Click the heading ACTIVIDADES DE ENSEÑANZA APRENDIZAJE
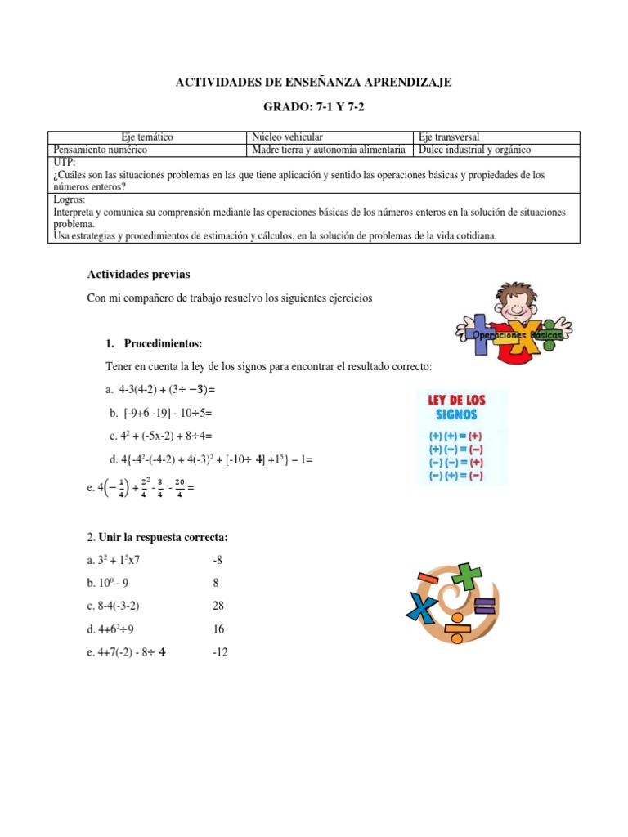click(x=314, y=82)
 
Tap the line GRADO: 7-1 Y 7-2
click(x=314, y=108)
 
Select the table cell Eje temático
click(x=147, y=137)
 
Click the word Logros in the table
click(x=68, y=199)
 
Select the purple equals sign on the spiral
click(x=483, y=606)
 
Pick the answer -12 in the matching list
click(x=219, y=652)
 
